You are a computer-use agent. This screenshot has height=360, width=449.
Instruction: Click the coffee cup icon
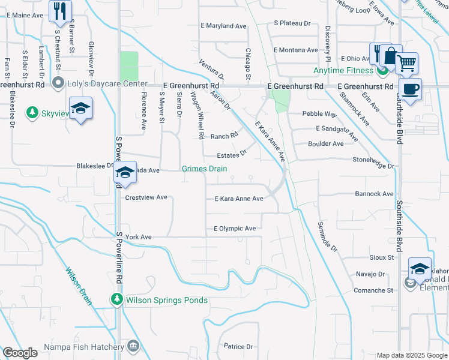(x=410, y=89)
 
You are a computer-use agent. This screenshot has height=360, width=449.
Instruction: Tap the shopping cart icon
(x=407, y=62)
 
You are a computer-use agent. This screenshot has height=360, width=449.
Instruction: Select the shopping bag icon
(x=391, y=56)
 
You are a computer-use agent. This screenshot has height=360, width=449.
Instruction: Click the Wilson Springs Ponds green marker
(x=115, y=299)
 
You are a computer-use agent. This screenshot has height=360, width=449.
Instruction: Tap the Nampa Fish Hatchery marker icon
(x=133, y=346)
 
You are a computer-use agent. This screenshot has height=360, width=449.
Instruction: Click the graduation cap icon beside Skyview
(x=80, y=109)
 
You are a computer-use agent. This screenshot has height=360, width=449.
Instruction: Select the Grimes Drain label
(x=205, y=169)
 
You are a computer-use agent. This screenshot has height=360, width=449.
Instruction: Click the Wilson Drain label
(x=79, y=286)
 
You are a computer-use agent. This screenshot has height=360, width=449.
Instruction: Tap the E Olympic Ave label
(x=235, y=229)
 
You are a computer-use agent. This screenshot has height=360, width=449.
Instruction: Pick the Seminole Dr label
(x=328, y=236)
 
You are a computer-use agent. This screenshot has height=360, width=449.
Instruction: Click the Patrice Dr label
(x=238, y=346)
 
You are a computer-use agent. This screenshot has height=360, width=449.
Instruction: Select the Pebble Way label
(x=319, y=113)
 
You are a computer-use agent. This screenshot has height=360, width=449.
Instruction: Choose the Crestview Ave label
(x=146, y=197)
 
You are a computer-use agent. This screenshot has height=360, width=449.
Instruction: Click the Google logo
(x=20, y=353)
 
